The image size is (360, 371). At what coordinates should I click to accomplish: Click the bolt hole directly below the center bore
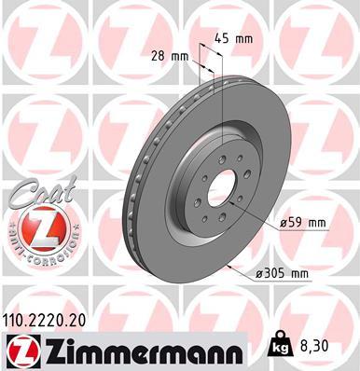tap(221, 223)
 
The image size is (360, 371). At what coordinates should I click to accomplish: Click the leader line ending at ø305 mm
tap(247, 270)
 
